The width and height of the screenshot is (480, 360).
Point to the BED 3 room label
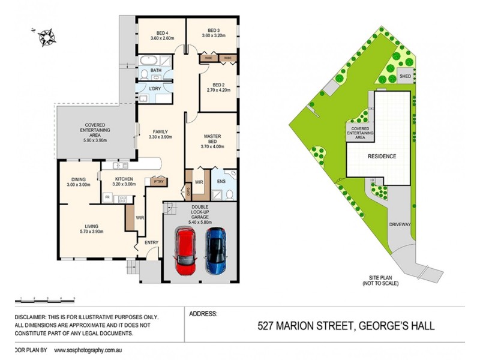[214, 30]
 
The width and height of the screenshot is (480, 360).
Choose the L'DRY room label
[155, 89]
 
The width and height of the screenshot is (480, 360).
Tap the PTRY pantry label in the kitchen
[158, 182]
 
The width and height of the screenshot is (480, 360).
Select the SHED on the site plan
[406, 76]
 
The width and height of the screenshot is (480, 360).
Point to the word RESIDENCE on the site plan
[381, 156]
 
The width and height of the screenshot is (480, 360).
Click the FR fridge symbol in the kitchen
[107, 196]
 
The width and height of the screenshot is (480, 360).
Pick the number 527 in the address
[269, 326]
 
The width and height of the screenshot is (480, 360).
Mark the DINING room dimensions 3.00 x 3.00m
[79, 185]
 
